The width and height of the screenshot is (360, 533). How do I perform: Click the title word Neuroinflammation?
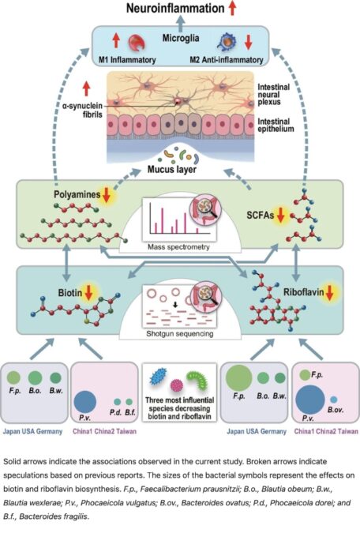[x=175, y=8]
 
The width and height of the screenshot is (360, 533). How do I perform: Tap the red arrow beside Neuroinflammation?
[x=233, y=8]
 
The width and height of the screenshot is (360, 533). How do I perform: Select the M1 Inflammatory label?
[x=127, y=60]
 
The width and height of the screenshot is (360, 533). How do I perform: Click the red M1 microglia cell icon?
[x=137, y=43]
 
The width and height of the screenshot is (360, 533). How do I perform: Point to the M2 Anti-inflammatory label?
[x=227, y=60]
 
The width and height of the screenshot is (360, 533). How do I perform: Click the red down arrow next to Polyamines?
[x=107, y=195]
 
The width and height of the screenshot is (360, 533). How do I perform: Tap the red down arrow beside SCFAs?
[x=281, y=215]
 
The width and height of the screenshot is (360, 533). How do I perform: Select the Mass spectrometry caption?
[x=178, y=247]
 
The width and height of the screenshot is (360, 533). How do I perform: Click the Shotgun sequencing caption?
[x=180, y=334]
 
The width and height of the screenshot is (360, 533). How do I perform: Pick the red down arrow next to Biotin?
[x=88, y=293]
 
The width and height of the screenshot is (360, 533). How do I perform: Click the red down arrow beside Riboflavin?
[x=329, y=292]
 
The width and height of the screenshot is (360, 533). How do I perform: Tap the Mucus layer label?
[x=171, y=169]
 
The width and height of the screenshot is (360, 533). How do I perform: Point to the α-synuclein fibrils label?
[x=82, y=110]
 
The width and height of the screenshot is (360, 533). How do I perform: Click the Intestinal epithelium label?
[x=276, y=125]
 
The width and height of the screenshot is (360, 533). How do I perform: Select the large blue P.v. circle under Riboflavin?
[x=309, y=400]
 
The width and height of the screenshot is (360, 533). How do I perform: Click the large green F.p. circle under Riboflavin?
[x=238, y=378]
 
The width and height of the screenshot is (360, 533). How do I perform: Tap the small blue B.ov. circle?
[x=334, y=400]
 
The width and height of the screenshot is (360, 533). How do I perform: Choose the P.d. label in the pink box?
[x=115, y=413]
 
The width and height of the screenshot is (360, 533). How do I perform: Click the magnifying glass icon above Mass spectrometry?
[x=206, y=208]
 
